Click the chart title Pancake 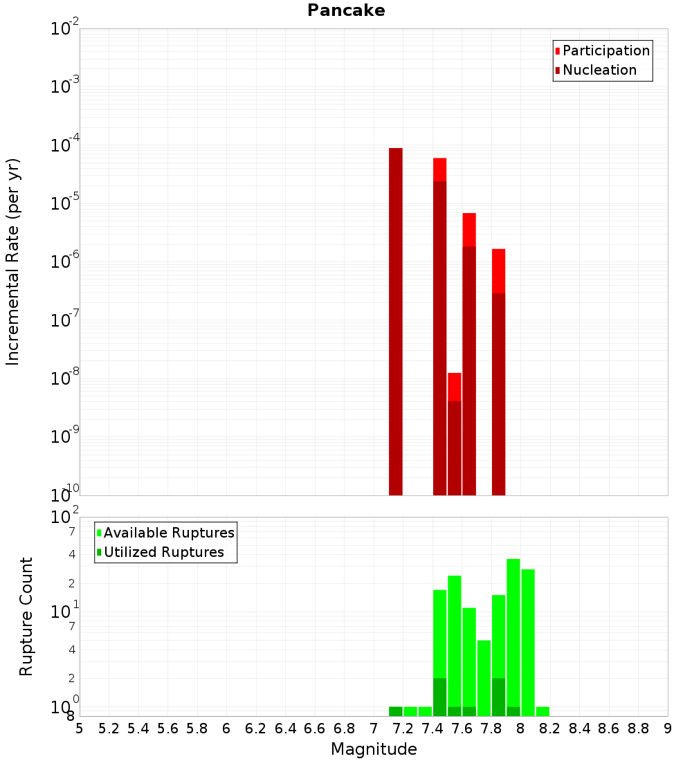pos(346,10)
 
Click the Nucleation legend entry pos(599,71)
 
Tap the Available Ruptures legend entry pos(168,533)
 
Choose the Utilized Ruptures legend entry pos(163,553)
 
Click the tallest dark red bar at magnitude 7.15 pos(396,318)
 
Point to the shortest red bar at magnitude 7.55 pos(455,387)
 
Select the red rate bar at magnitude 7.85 pos(499,271)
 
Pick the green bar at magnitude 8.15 pos(543,711)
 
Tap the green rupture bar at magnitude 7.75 pos(484,678)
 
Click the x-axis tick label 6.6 pos(315,729)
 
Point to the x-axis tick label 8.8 pos(638,729)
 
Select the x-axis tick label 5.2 pos(109,729)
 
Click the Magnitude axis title pos(374,749)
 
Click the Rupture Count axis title pos(26,616)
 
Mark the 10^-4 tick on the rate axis pos(65,146)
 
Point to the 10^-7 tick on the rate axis pos(65,321)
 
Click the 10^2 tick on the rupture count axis pos(66,517)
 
